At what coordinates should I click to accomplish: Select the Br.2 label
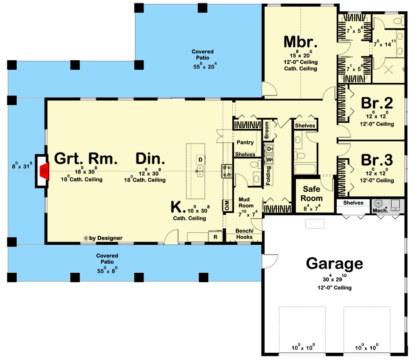coord(377,103)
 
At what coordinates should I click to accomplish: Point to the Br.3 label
coord(377,160)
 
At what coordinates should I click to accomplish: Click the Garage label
coord(334,263)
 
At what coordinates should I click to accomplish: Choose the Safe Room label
coord(311,193)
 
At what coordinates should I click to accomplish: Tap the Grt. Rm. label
coord(86,159)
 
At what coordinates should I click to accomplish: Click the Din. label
coord(150,159)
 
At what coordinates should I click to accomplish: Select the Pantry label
coord(245,142)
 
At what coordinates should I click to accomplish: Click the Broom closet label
coord(266,130)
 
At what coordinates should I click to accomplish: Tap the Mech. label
coord(379,210)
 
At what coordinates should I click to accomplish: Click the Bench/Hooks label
coord(244,234)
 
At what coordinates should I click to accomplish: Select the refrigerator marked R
coord(216,237)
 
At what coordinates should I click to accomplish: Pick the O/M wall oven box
coord(226,205)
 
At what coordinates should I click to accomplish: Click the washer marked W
coord(270,159)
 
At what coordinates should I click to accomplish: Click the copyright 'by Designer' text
coord(103,238)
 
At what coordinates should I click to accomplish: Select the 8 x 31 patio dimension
coord(22,166)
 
